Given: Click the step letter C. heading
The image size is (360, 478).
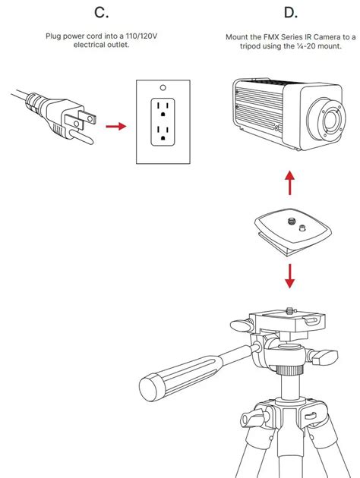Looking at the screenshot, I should click(100, 12).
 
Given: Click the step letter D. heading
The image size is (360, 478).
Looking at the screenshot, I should click(289, 12).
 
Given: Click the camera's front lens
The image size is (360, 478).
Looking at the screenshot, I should click(330, 121).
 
